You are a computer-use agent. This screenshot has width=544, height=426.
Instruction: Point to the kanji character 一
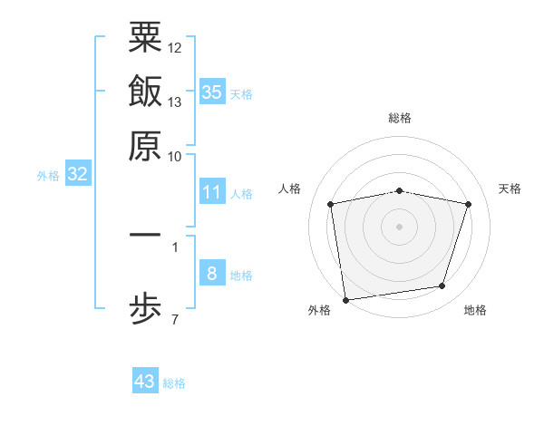tap(145, 235)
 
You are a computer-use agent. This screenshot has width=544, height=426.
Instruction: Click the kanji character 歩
tap(145, 309)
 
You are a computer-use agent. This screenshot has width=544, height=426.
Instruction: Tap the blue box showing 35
tap(212, 92)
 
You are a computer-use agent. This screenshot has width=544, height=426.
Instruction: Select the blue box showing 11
tap(212, 192)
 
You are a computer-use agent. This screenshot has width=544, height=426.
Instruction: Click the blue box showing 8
tap(212, 273)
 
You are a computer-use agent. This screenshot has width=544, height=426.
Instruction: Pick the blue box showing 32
tap(78, 175)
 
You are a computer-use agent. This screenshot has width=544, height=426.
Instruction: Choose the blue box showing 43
tap(145, 382)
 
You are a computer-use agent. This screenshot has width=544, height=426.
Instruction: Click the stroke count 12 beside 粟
tap(175, 46)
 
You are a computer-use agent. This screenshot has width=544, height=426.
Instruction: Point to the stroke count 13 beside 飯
tap(175, 102)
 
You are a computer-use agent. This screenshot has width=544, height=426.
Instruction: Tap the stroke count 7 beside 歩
tap(175, 319)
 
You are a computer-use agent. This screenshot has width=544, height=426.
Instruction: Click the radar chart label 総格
tap(400, 118)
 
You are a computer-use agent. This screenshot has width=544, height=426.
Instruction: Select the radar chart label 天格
tap(510, 189)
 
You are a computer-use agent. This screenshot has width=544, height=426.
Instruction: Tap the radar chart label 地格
tap(475, 311)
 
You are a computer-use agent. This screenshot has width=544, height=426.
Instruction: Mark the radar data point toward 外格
tap(345, 299)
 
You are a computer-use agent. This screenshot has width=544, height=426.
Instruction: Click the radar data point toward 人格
tap(331, 204)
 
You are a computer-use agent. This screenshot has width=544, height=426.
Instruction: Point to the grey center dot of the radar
tap(400, 226)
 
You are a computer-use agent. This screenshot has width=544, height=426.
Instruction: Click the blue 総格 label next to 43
tap(174, 383)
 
